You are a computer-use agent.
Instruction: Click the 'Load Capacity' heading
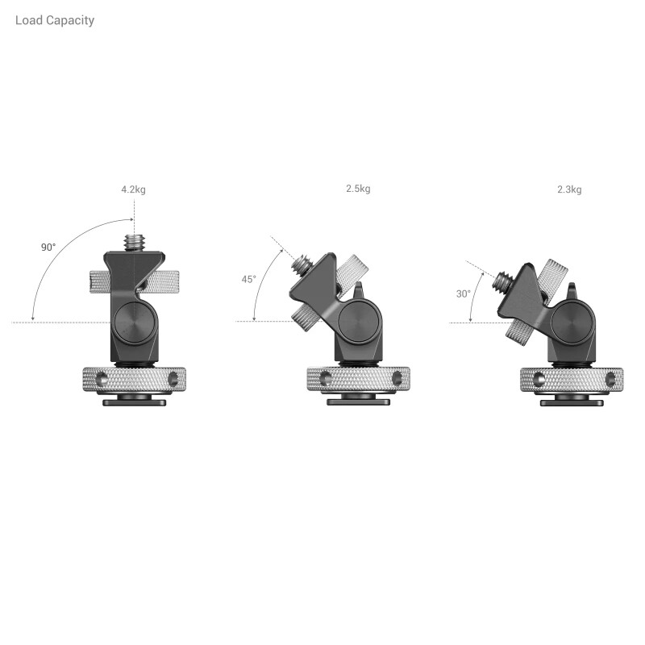tap(54, 20)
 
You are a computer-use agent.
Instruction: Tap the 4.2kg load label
tap(133, 189)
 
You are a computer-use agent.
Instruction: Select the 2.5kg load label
tap(358, 189)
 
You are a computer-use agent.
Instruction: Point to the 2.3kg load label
tap(568, 189)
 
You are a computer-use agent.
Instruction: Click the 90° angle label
tap(48, 247)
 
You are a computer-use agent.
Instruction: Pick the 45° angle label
tap(249, 279)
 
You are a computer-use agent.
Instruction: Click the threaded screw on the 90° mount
tap(134, 242)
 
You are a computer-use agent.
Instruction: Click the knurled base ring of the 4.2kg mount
tap(134, 377)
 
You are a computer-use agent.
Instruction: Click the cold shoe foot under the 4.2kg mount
tap(134, 400)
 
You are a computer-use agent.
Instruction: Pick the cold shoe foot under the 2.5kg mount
tap(357, 400)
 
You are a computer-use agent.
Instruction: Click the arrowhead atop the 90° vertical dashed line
tap(134, 219)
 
